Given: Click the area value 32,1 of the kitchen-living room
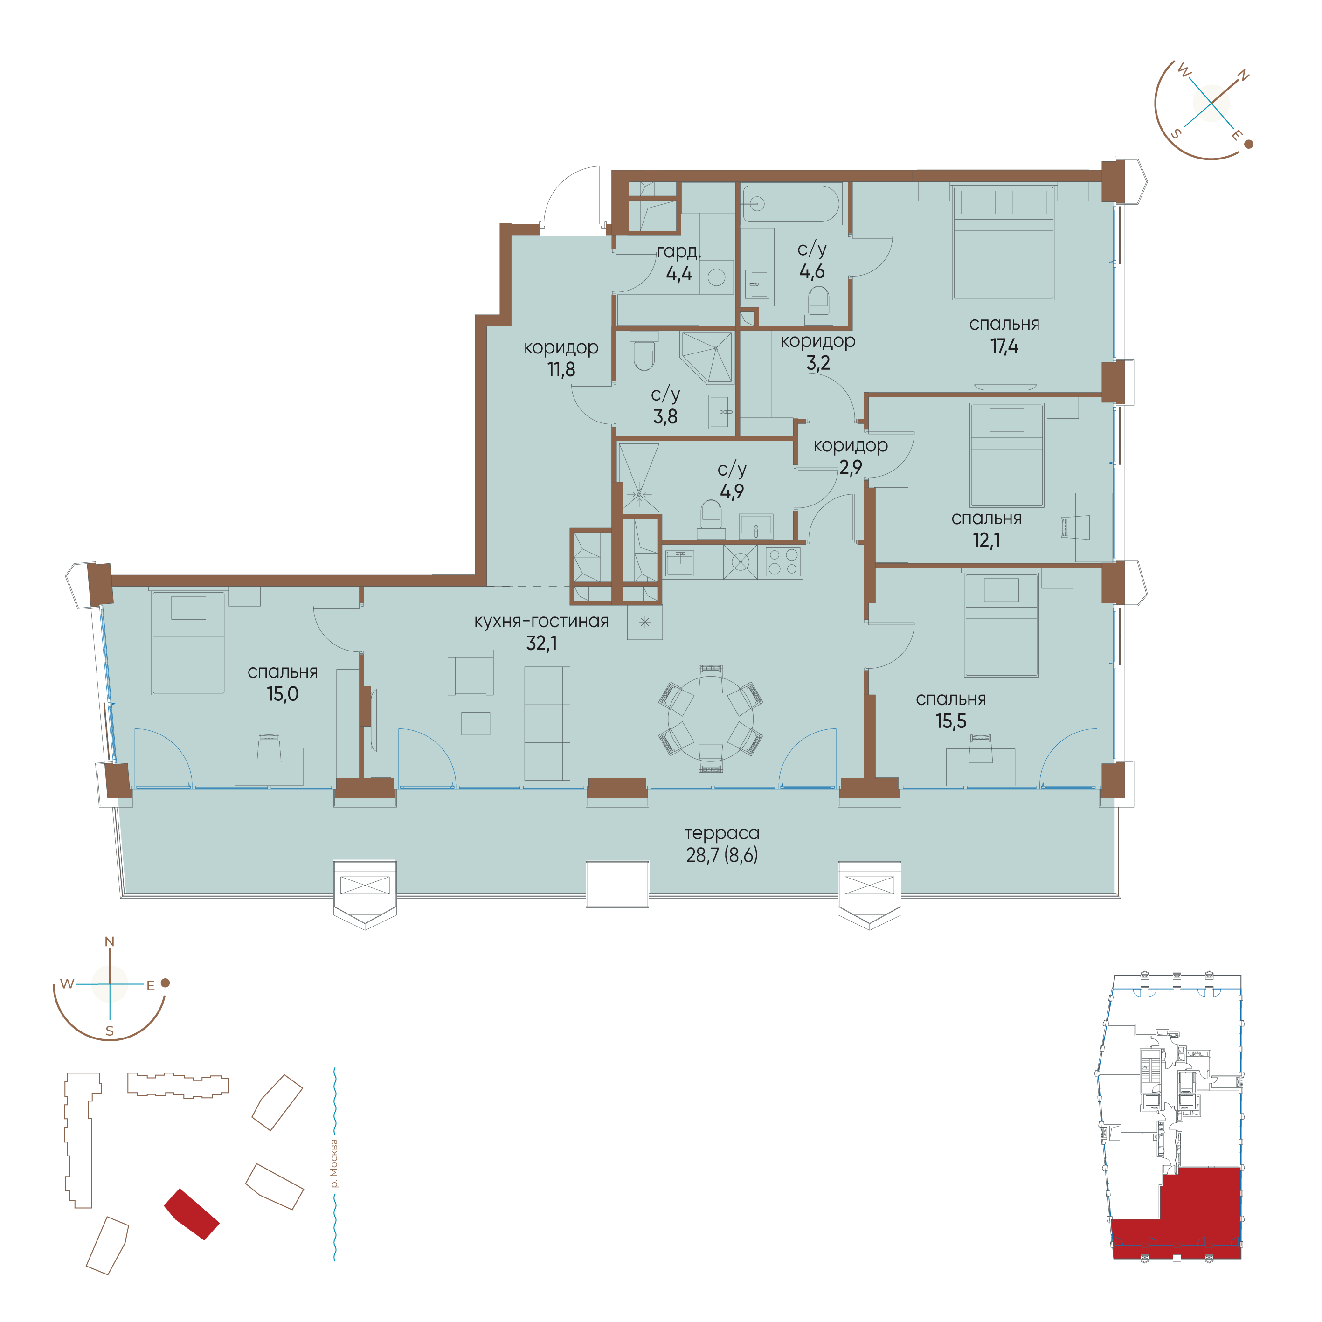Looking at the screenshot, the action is coord(541,643).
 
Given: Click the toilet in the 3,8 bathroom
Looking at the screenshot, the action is coord(644,351).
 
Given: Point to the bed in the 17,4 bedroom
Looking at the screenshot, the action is coord(1003,243).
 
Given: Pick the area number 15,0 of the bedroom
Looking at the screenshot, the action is coord(283,694).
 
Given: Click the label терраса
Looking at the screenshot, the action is coord(722,833).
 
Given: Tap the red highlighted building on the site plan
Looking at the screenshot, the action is coord(192,1214).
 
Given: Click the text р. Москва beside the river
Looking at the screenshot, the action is coord(334,1163).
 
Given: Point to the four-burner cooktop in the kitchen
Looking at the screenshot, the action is coord(783,562).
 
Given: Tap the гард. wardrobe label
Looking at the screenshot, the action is coord(679,252).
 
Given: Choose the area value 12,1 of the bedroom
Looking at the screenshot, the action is coord(987,540).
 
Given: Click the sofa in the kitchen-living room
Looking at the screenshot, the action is coord(547,723).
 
